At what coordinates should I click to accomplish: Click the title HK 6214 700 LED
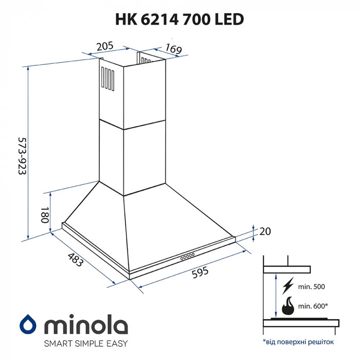coord(179,19)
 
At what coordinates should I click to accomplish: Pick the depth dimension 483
coord(75,260)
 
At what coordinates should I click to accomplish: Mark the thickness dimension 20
coord(264,232)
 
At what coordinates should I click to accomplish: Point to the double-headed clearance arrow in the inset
coord(276,296)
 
